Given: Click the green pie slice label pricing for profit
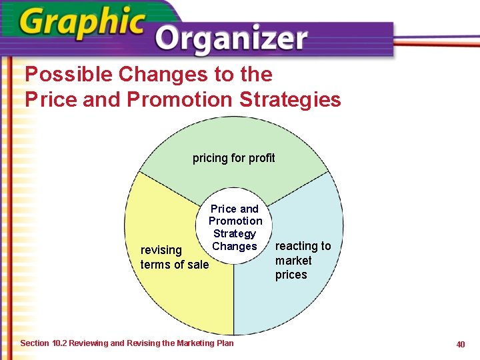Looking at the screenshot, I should (233, 158).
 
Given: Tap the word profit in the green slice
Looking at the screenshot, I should (260, 158).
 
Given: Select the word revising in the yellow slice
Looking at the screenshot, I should (161, 250).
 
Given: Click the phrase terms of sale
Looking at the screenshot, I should (175, 265).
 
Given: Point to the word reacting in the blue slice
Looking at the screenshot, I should (303, 246).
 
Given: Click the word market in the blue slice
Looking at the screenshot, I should (293, 260).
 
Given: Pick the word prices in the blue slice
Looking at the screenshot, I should (291, 275).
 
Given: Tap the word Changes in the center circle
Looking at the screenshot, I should (234, 246).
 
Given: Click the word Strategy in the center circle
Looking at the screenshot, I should (234, 233).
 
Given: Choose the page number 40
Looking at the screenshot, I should (460, 344).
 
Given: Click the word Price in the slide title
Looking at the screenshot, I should (48, 99).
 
